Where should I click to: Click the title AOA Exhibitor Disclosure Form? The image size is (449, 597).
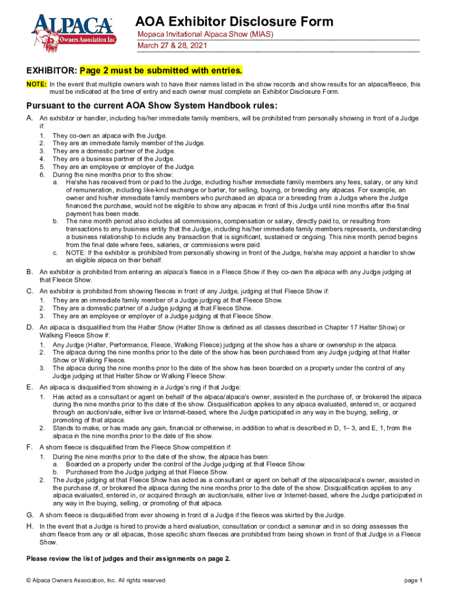pyautogui.click(x=234, y=22)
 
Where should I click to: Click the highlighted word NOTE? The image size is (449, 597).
pyautogui.click(x=36, y=85)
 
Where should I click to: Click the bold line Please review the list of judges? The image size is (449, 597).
pyautogui.click(x=128, y=559)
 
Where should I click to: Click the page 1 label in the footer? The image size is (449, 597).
pyautogui.click(x=413, y=580)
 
